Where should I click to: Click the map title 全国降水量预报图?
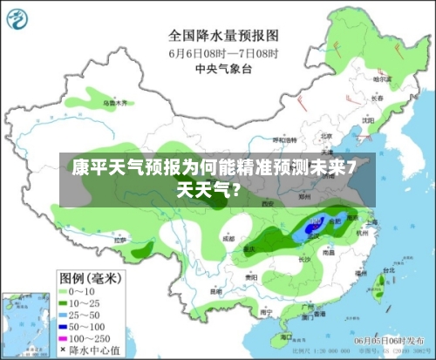click(x=223, y=36)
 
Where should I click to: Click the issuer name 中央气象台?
click(x=223, y=68)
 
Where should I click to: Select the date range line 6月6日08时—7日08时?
click(x=223, y=52)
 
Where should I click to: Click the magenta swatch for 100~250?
click(x=65, y=336)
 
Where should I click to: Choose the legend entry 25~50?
click(x=92, y=313)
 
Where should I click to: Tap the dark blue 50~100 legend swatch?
click(x=65, y=324)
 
